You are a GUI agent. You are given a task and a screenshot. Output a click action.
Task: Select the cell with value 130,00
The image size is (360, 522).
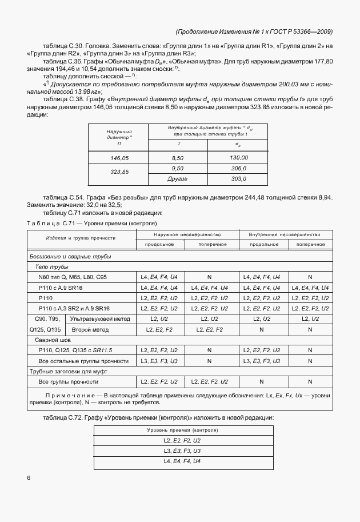(x=238, y=157)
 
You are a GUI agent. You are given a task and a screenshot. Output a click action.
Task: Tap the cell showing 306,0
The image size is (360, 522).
(x=238, y=169)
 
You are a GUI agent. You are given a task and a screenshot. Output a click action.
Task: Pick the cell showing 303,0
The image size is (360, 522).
(x=238, y=179)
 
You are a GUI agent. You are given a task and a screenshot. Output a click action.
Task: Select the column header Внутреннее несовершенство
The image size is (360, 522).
(x=284, y=235)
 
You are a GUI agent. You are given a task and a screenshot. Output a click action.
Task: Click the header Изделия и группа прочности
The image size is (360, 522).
(x=81, y=238)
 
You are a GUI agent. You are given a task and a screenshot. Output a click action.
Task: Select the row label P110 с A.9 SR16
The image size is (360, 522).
(x=60, y=288)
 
